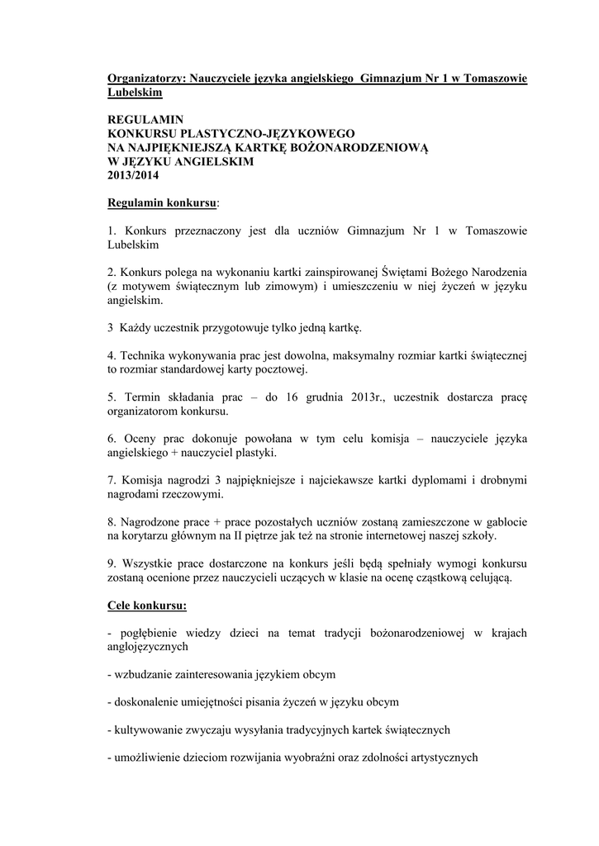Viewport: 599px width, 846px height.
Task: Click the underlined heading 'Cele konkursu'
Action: (x=147, y=606)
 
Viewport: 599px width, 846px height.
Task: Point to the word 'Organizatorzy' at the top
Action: (x=146, y=78)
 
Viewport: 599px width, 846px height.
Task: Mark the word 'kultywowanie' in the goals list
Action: (x=147, y=730)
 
